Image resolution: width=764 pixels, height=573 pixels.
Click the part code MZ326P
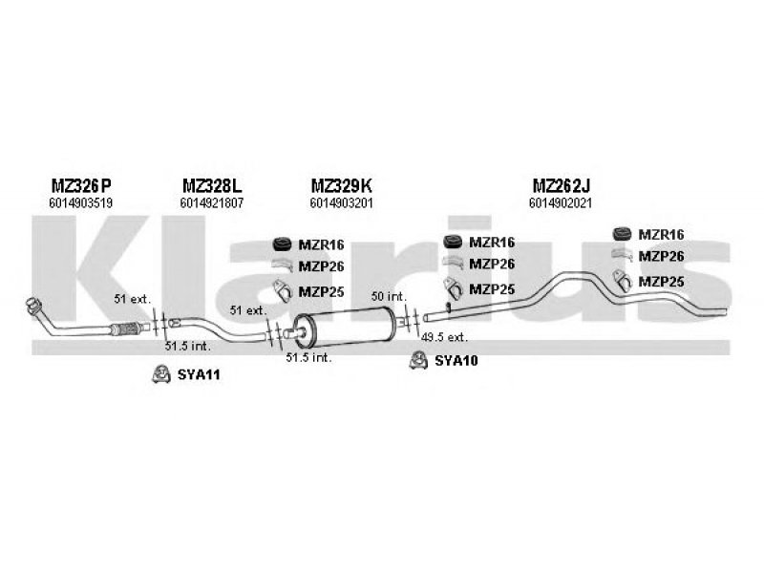[x=80, y=185]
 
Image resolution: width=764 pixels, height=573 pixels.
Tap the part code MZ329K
[x=341, y=185]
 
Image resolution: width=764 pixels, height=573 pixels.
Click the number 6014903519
[x=80, y=202]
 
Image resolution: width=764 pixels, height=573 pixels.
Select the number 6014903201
[x=341, y=202]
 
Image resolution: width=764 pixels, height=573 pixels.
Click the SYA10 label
[x=456, y=360]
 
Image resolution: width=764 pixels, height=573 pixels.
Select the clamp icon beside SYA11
[x=161, y=374]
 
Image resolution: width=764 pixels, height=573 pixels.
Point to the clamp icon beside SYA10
[x=417, y=359]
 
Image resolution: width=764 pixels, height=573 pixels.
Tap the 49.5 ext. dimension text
[x=444, y=336]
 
